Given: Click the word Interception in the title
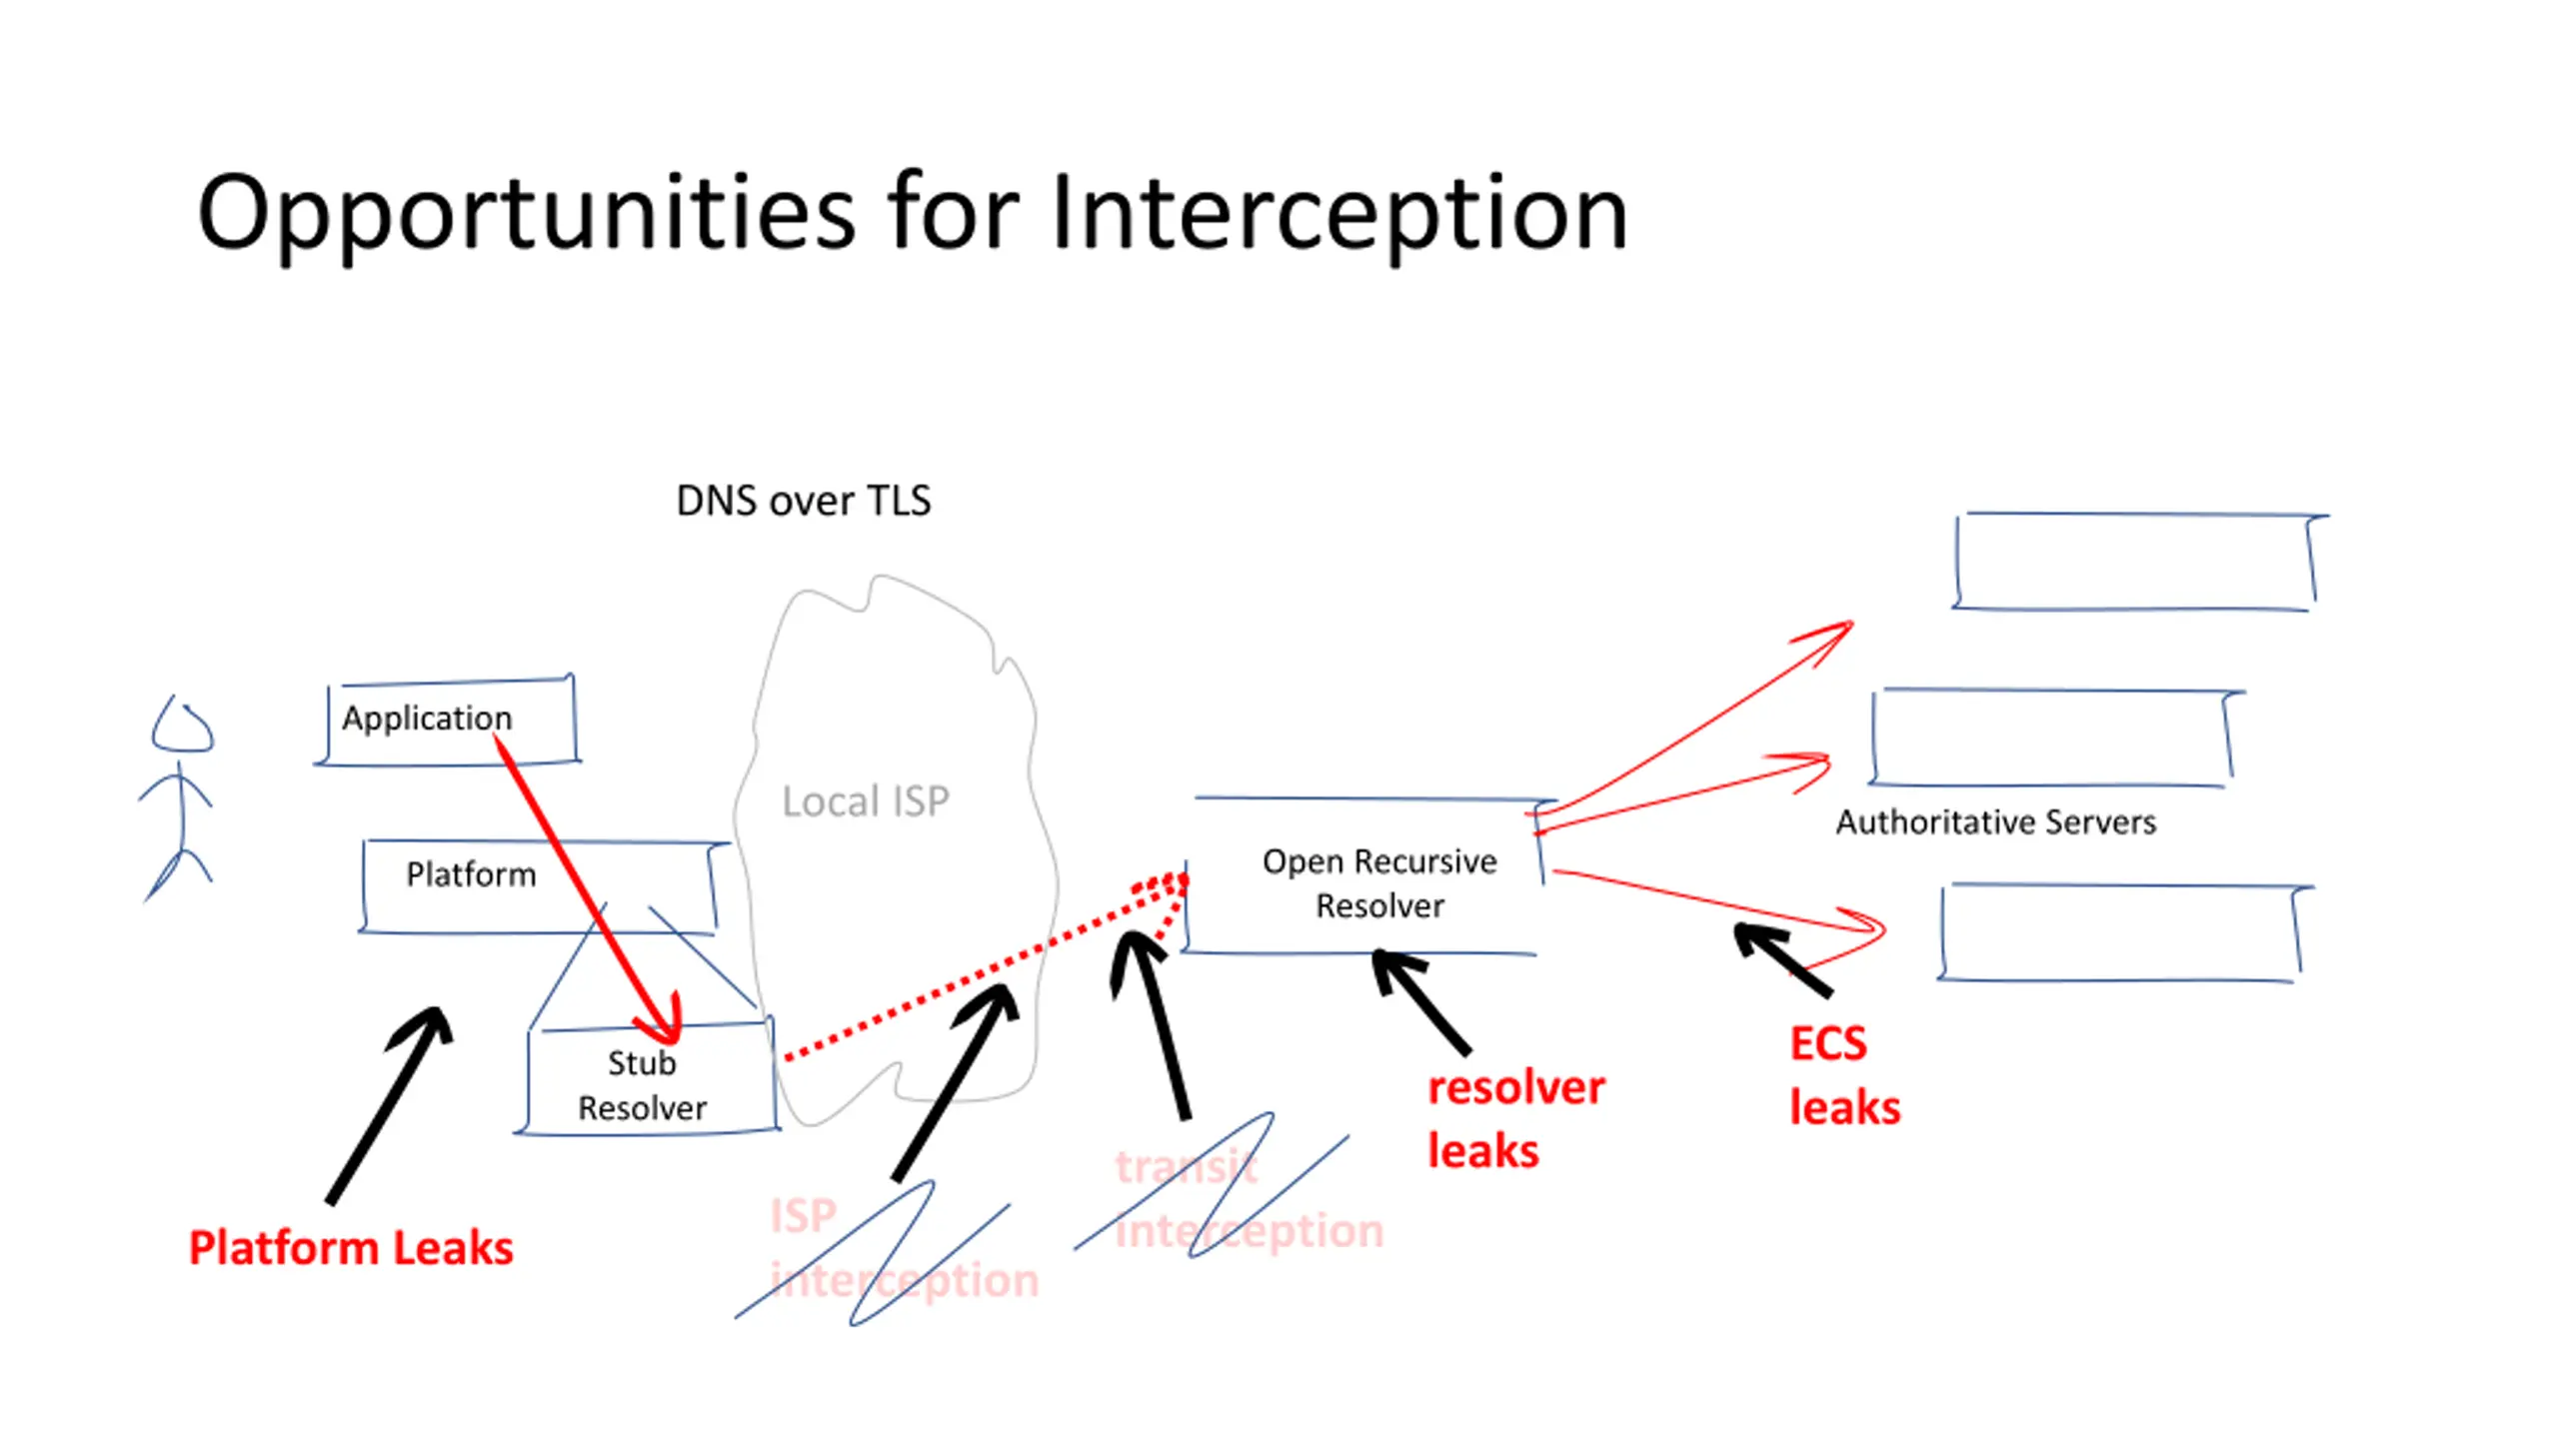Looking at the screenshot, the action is [x=1339, y=212].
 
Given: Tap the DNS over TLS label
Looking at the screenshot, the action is [x=804, y=501].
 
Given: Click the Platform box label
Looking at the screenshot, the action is [x=471, y=874].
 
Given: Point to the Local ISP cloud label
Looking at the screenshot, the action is [x=866, y=801].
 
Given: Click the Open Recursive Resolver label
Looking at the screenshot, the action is [x=1379, y=883].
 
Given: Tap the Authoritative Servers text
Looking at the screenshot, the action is [x=1996, y=821].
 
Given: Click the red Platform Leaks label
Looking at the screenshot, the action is [x=351, y=1248].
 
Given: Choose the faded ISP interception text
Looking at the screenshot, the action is [x=904, y=1248].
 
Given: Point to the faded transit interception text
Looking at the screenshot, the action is [x=1250, y=1199].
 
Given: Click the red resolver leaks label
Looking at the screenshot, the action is [x=1515, y=1119].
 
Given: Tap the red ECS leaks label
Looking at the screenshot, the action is [x=1844, y=1076].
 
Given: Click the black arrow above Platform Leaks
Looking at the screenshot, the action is [x=389, y=1105].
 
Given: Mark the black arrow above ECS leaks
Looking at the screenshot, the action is [x=1782, y=959].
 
